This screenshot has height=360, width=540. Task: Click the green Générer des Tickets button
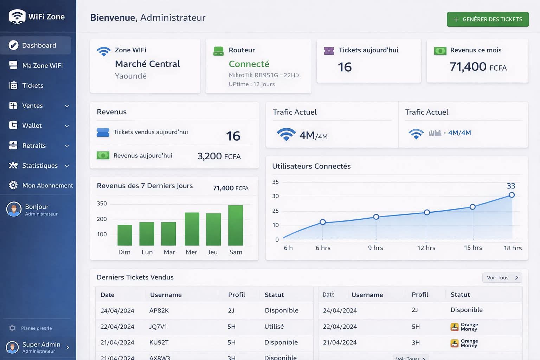click(x=488, y=19)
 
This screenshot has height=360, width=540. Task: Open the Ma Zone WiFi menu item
click(x=42, y=65)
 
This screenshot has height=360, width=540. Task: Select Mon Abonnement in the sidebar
click(x=47, y=185)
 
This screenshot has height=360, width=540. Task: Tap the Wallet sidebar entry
click(x=32, y=126)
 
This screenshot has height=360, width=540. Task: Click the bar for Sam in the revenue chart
click(x=236, y=225)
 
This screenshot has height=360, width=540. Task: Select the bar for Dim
click(x=124, y=235)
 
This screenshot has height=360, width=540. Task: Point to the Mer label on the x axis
click(x=191, y=252)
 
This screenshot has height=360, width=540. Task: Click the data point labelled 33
click(x=512, y=195)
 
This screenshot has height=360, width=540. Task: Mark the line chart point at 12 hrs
click(x=427, y=212)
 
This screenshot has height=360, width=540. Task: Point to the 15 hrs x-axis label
click(x=473, y=248)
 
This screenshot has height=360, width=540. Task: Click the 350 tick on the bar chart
click(x=102, y=204)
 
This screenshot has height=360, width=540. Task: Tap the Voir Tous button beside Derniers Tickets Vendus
click(x=502, y=278)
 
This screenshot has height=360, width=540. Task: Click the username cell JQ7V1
click(x=158, y=327)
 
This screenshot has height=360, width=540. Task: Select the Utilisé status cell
click(x=274, y=327)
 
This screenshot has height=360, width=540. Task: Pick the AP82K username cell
click(x=159, y=310)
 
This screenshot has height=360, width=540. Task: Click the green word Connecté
click(x=249, y=64)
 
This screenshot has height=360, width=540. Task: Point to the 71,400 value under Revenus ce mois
click(x=468, y=66)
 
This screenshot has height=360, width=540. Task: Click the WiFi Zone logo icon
click(x=17, y=17)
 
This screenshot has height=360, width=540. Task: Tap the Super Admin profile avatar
click(x=12, y=347)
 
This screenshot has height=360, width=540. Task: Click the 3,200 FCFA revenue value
click(x=219, y=156)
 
